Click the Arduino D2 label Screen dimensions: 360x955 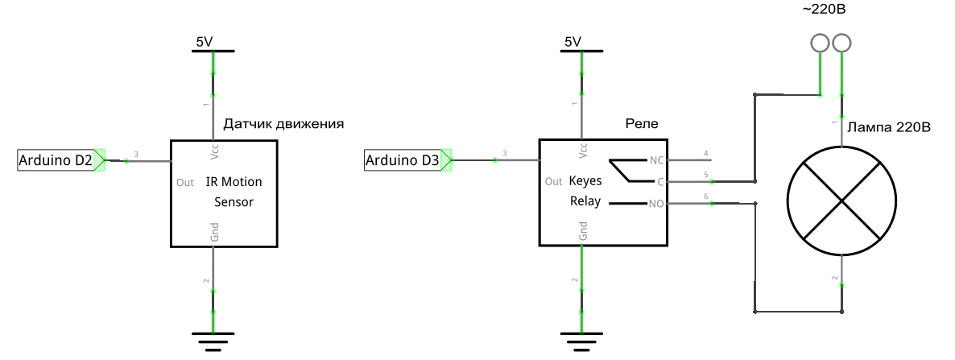point(55,160)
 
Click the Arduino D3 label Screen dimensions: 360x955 point(403,160)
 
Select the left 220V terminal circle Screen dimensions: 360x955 point(819,43)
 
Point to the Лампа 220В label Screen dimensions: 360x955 point(888,127)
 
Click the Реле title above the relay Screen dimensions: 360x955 point(642,124)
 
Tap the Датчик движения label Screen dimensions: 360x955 point(283,125)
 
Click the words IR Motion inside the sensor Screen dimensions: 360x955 point(234,183)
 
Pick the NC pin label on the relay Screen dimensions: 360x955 point(655,159)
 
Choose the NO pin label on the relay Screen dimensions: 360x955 point(655,205)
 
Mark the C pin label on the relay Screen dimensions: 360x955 point(659,181)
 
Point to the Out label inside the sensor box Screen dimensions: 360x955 point(184,183)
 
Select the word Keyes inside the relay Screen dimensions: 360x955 point(585,181)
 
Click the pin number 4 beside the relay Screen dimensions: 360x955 point(705,153)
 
